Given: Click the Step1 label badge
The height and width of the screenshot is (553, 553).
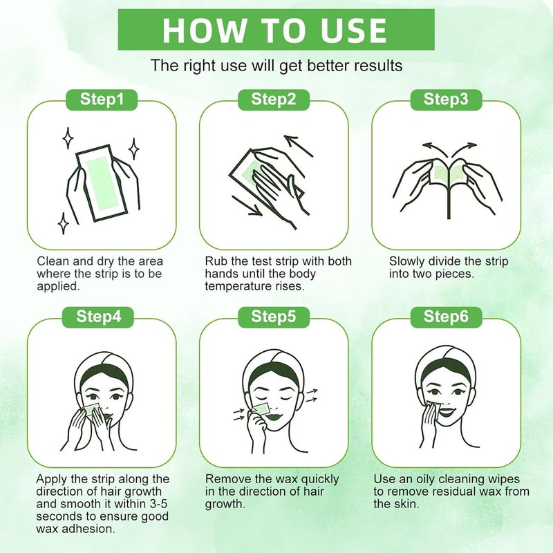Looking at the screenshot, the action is pos(102,100).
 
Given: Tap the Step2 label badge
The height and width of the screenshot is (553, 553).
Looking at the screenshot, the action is pos(274,100).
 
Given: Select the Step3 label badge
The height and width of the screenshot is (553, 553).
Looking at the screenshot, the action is pos(446,100).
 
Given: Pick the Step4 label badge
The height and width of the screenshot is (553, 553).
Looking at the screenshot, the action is pos(98,317).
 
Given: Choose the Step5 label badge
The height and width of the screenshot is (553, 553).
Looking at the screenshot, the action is pos(274,317).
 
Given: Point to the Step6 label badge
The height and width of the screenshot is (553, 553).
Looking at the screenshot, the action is pos(446,317).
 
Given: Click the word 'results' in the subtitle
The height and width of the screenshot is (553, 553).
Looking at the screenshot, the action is pos(378,66).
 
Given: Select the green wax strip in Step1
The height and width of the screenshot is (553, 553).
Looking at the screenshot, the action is pos(101,183).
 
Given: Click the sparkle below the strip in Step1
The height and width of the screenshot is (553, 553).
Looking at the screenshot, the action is pos(64,223).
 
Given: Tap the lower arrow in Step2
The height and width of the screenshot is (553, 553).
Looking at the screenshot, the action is pos(247,205).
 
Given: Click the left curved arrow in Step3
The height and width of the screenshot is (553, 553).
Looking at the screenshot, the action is pos(435,149).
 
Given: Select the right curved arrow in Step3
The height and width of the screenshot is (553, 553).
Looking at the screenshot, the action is pos(464,149).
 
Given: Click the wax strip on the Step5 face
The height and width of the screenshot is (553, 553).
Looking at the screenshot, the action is pos(262,408).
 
